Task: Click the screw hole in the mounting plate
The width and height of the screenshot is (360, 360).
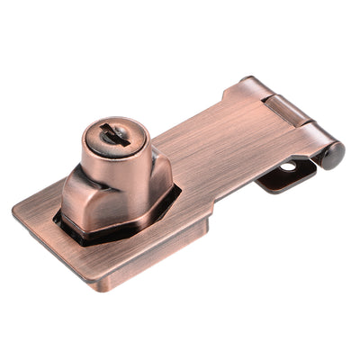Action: pyautogui.click(x=287, y=167)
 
